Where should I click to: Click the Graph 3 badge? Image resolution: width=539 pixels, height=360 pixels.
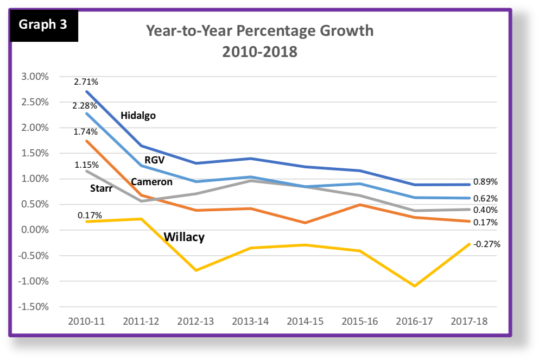click(x=44, y=26)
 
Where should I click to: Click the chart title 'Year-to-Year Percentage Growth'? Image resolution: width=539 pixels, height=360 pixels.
click(x=259, y=30)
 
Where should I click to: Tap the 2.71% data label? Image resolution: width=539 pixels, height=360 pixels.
click(x=87, y=82)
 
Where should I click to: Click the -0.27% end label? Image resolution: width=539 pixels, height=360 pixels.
click(x=486, y=244)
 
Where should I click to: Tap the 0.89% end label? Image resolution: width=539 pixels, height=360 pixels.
click(x=486, y=181)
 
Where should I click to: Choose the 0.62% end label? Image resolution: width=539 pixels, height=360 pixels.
click(x=486, y=198)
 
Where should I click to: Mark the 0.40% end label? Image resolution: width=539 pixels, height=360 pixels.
click(x=486, y=210)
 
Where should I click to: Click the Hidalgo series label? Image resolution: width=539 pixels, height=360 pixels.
click(x=138, y=116)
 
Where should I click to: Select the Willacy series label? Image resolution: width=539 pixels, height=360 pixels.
click(x=184, y=237)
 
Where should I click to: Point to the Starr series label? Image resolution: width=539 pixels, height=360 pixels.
click(x=102, y=188)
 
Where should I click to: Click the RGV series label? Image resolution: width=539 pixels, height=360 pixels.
click(x=154, y=160)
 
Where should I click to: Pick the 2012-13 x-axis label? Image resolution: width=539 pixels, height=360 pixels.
click(x=196, y=321)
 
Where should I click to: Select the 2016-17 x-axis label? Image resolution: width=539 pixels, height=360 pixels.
click(x=415, y=321)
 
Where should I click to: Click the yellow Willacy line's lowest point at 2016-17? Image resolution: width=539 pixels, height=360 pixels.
click(x=415, y=286)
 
